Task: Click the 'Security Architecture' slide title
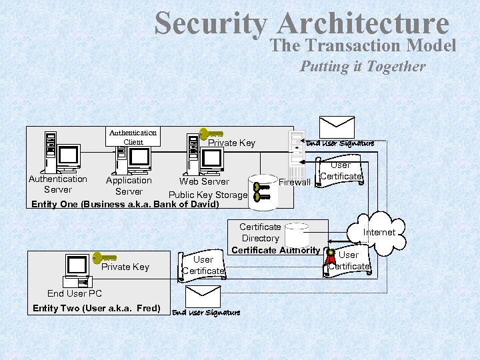coord(301,24)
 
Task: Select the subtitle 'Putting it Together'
coord(362,66)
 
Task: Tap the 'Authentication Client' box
coord(133,137)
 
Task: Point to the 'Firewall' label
coord(295,182)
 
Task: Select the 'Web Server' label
coord(204,181)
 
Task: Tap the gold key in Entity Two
coord(104,257)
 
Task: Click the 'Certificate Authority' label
coord(275,250)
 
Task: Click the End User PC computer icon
coord(76,271)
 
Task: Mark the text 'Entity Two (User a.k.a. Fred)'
coord(96,308)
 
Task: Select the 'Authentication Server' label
coord(58,184)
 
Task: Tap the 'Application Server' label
coord(129,186)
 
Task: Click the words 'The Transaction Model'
coord(363,45)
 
